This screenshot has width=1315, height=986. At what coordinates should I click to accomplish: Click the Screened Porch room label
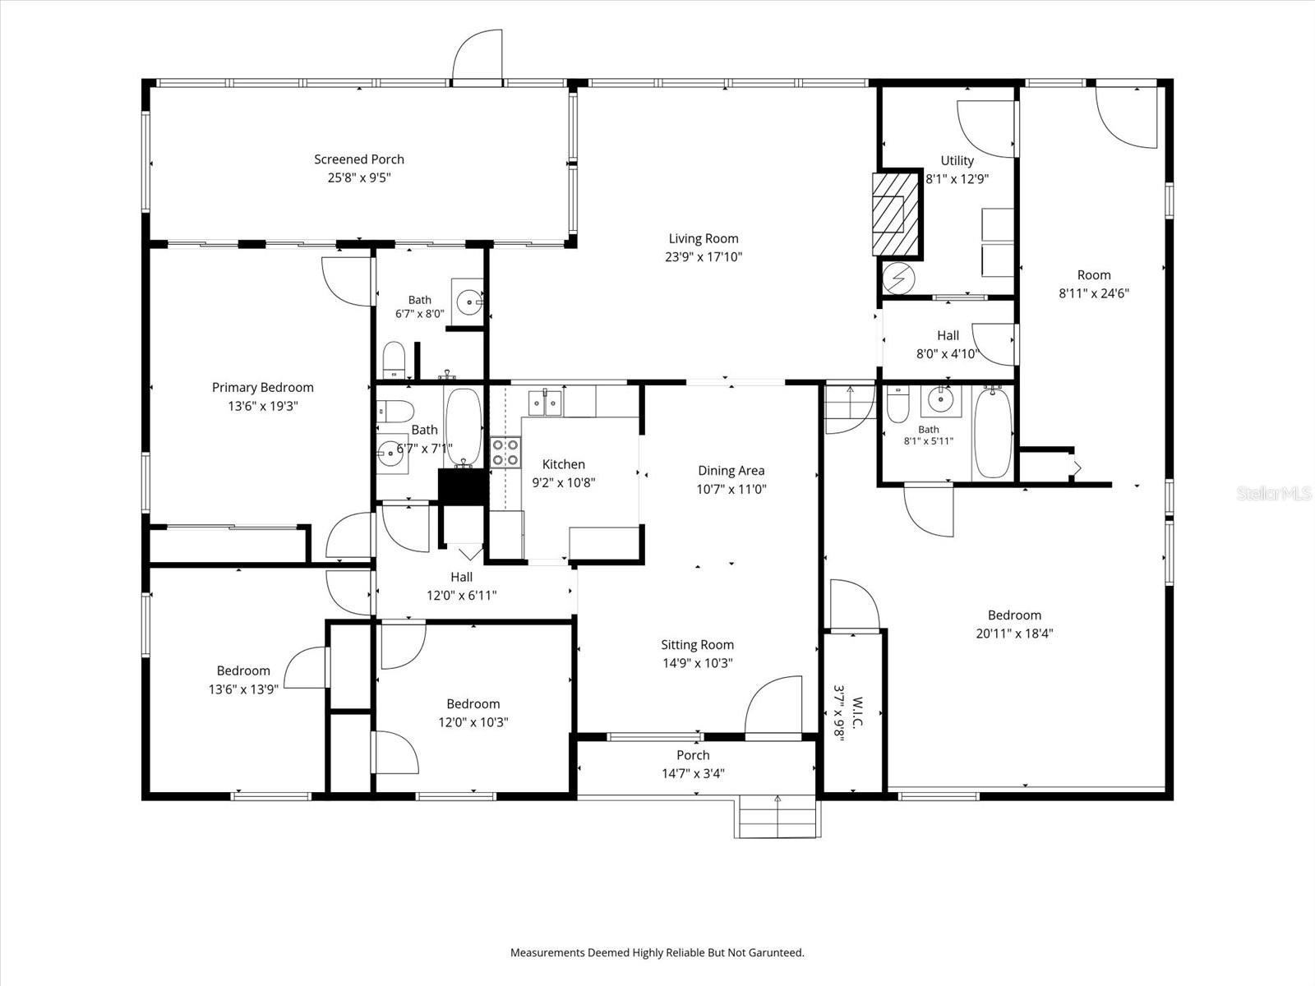(359, 159)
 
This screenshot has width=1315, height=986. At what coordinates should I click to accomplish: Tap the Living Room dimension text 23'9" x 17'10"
(704, 257)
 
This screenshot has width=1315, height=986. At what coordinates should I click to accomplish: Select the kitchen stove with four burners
(505, 453)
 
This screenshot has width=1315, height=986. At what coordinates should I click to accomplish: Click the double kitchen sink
(545, 403)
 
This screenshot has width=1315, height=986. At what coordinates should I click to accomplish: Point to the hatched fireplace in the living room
(895, 214)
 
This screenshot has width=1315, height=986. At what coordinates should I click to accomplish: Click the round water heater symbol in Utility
(898, 278)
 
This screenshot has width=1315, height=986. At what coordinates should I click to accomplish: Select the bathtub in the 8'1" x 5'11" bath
(993, 432)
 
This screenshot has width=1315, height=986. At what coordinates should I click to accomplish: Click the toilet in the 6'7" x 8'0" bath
(394, 360)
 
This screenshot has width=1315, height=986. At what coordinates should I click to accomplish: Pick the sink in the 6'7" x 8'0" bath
(468, 302)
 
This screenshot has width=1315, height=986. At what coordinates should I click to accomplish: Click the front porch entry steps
(777, 818)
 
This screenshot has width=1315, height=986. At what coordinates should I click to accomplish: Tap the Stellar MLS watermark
(1274, 493)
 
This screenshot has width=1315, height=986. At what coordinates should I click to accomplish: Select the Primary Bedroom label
(262, 387)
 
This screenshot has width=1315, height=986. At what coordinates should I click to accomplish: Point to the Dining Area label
(731, 471)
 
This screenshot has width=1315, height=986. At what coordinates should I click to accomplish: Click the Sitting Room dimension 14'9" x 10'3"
(697, 663)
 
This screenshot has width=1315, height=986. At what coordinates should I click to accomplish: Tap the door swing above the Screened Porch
(478, 54)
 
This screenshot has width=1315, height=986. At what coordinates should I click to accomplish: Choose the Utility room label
(957, 160)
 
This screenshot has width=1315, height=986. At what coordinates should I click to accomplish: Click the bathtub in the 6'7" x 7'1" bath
(463, 426)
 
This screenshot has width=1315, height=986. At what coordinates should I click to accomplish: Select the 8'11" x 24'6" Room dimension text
(1094, 293)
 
